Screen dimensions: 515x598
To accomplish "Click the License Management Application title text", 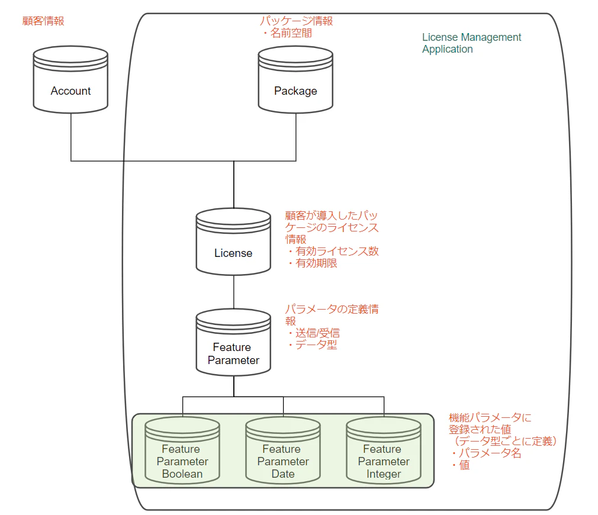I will pyautogui.click(x=471, y=43).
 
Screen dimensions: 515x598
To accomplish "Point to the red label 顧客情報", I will pyautogui.click(x=43, y=21).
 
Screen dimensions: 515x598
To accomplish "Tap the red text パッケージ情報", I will pyautogui.click(x=296, y=21).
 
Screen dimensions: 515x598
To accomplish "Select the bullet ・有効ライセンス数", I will pyautogui.click(x=332, y=251).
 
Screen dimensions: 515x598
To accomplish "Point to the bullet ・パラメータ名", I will pyautogui.click(x=485, y=453).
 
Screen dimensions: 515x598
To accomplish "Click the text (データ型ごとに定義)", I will pyautogui.click(x=503, y=441).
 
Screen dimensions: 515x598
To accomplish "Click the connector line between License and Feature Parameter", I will pyautogui.click(x=234, y=292).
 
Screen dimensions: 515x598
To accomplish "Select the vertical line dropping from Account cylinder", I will pyautogui.click(x=71, y=136).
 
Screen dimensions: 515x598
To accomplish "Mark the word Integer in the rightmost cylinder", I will pyautogui.click(x=384, y=474).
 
